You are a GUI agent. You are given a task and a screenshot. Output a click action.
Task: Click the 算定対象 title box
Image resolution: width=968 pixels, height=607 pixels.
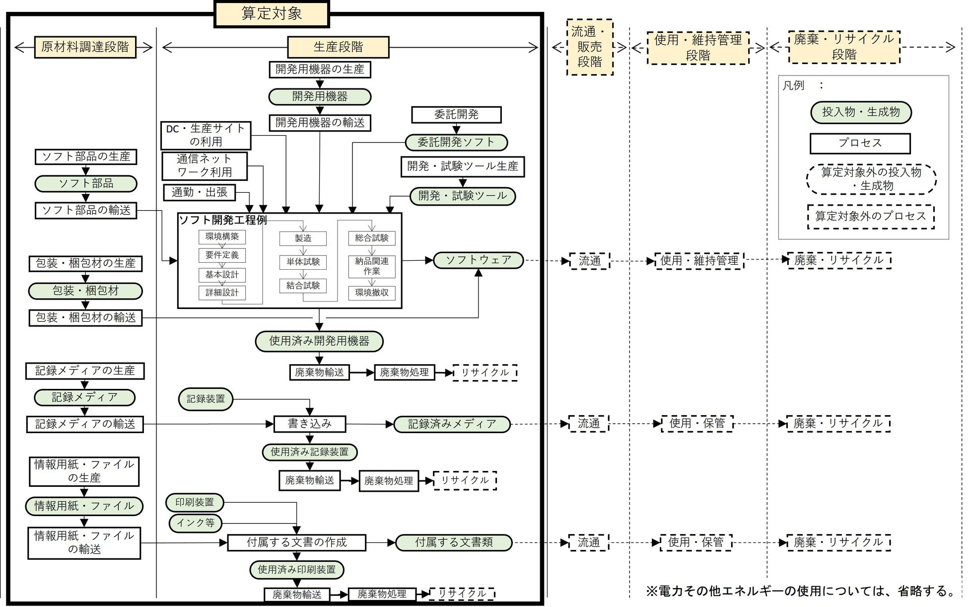pos(272,14)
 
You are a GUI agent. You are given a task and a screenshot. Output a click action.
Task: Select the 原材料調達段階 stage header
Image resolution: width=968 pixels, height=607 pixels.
pos(85,47)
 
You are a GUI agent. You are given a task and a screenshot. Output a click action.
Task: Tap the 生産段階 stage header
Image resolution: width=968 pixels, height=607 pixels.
pos(338,47)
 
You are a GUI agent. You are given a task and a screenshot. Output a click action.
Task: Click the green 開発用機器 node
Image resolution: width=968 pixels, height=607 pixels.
pos(320,96)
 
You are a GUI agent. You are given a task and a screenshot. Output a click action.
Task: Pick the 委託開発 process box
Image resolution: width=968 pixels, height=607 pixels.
pos(456,115)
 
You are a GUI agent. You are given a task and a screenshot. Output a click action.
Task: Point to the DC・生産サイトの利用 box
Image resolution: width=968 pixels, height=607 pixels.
pos(206,135)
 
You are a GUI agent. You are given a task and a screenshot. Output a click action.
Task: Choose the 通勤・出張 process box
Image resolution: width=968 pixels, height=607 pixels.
pos(200,192)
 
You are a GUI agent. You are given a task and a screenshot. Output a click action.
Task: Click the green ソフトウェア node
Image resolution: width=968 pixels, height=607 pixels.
pos(478,260)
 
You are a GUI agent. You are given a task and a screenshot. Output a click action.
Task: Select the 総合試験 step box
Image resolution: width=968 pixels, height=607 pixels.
pos(372,238)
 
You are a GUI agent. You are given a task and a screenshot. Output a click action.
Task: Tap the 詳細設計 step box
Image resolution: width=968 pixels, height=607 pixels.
pos(222,293)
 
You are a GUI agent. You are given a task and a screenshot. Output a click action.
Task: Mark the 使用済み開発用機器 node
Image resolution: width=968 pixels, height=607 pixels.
pos(319,341)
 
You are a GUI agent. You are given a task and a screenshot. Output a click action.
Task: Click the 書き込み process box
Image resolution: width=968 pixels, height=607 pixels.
pos(310,424)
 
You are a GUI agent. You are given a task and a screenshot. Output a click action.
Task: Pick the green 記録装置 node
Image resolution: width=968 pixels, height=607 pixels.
pos(206,399)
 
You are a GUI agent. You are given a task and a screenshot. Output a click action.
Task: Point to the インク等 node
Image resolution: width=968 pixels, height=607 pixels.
pos(196,523)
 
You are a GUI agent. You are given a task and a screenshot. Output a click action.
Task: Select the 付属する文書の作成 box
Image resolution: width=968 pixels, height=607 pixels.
pos(296,542)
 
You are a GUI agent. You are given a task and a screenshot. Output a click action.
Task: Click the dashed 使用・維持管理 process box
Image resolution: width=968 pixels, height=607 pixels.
pos(699,260)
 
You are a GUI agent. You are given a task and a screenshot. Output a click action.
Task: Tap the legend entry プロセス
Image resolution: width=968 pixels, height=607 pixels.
pos(860,143)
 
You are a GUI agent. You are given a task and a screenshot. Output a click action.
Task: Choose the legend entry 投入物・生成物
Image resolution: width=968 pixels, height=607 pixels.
pos(861,112)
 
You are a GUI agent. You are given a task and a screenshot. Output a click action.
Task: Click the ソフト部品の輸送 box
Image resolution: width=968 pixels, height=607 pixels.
pos(86,210)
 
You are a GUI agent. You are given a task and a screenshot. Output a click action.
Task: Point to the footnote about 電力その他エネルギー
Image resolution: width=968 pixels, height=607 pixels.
pos(800,591)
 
